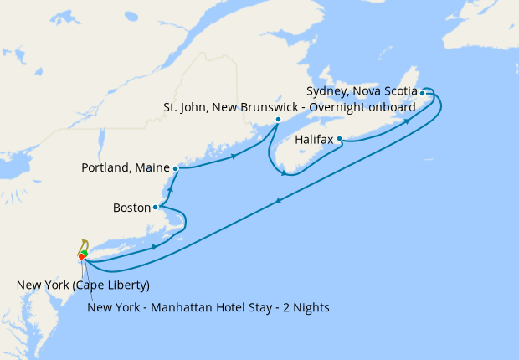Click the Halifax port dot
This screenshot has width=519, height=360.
(340, 141)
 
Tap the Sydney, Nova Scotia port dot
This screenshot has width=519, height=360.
(423, 93)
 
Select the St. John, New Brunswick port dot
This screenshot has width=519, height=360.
(278, 119)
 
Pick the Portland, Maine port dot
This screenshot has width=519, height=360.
(176, 168)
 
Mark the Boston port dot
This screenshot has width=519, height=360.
(156, 207)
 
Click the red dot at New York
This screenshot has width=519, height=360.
(81, 256)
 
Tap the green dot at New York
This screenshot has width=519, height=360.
(85, 253)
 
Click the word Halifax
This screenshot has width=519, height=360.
(316, 141)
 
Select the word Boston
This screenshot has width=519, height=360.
(131, 207)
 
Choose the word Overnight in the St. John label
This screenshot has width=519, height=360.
(342, 106)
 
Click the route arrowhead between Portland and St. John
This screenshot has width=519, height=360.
(234, 156)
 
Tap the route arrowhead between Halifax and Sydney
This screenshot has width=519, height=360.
(409, 121)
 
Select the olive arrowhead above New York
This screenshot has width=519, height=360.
(84, 241)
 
